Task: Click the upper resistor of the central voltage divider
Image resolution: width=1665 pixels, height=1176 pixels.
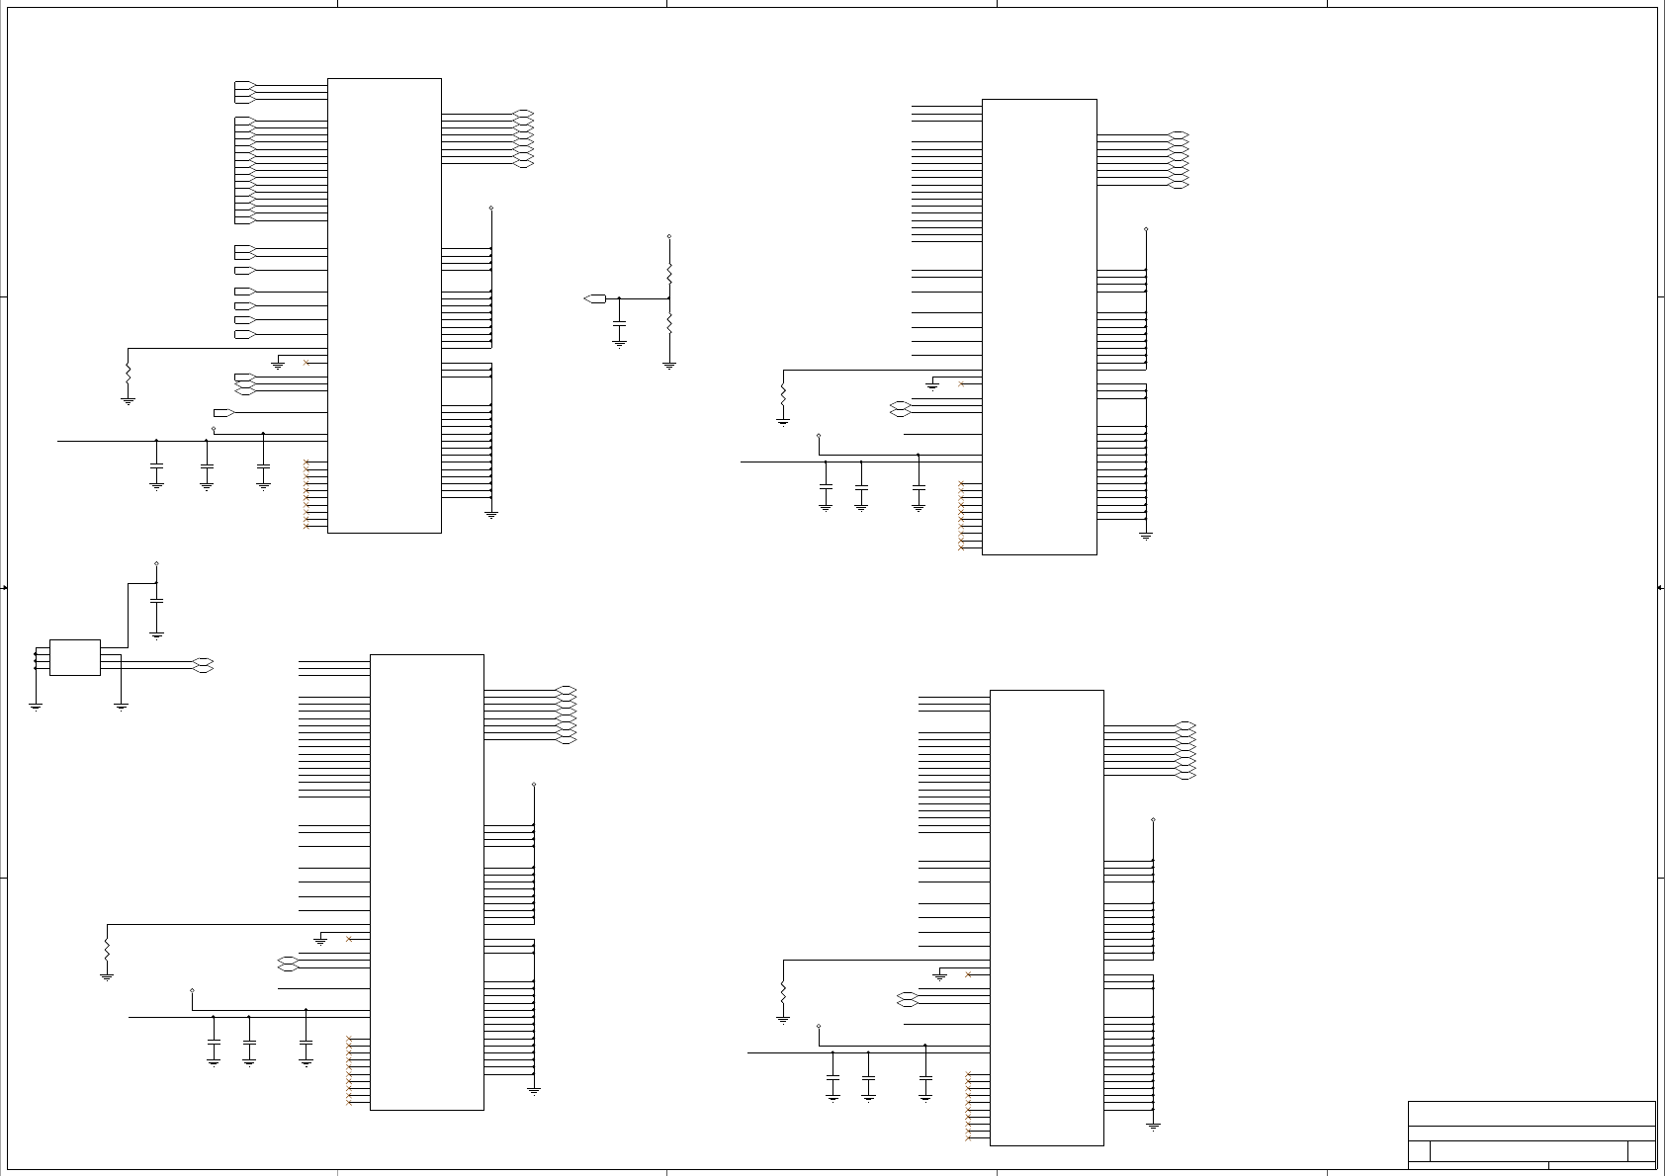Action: click(669, 270)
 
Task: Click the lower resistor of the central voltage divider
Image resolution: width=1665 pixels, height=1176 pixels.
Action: click(669, 323)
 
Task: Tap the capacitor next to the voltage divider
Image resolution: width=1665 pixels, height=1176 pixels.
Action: click(620, 323)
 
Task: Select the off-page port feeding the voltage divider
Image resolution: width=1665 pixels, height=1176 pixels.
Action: click(594, 297)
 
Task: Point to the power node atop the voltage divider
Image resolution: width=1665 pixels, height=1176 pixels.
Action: click(669, 237)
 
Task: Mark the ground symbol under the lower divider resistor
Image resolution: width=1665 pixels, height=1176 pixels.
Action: click(669, 366)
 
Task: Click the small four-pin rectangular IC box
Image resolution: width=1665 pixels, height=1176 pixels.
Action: click(75, 657)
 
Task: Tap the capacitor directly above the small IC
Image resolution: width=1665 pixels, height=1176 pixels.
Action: click(156, 601)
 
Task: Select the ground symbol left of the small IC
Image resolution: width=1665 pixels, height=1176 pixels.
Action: click(36, 706)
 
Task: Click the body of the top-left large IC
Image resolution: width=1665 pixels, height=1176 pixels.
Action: click(384, 305)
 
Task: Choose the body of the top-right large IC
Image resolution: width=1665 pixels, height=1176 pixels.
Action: click(1039, 326)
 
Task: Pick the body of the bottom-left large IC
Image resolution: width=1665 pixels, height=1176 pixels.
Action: click(426, 882)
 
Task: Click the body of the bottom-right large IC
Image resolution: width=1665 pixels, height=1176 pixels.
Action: click(1046, 917)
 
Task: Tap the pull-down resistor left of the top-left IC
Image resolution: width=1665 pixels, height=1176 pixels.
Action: click(128, 375)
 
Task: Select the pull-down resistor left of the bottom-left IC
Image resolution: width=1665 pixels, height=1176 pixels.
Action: click(107, 951)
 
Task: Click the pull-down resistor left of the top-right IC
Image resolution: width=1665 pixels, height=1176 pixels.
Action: click(783, 394)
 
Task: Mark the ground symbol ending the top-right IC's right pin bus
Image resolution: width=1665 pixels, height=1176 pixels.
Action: click(1146, 536)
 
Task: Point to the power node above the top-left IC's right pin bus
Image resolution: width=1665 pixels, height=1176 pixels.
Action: click(491, 209)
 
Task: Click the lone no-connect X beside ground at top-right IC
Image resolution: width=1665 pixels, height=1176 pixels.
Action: click(961, 383)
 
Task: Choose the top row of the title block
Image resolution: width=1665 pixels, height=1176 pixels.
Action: click(1531, 1114)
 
